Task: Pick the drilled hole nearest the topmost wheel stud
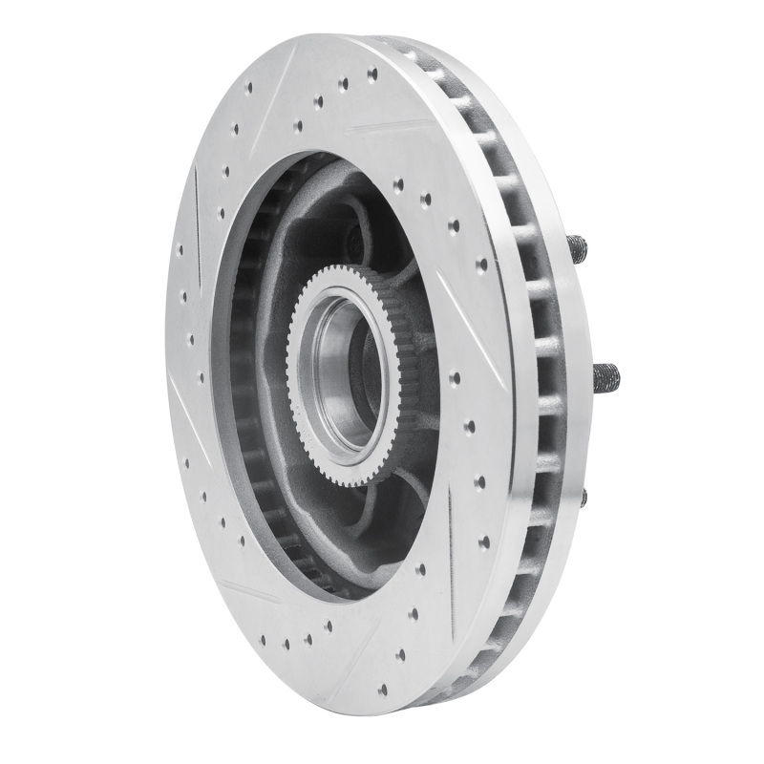point(482,263)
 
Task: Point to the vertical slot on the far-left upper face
point(197,201)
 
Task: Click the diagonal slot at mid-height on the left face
point(186,396)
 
